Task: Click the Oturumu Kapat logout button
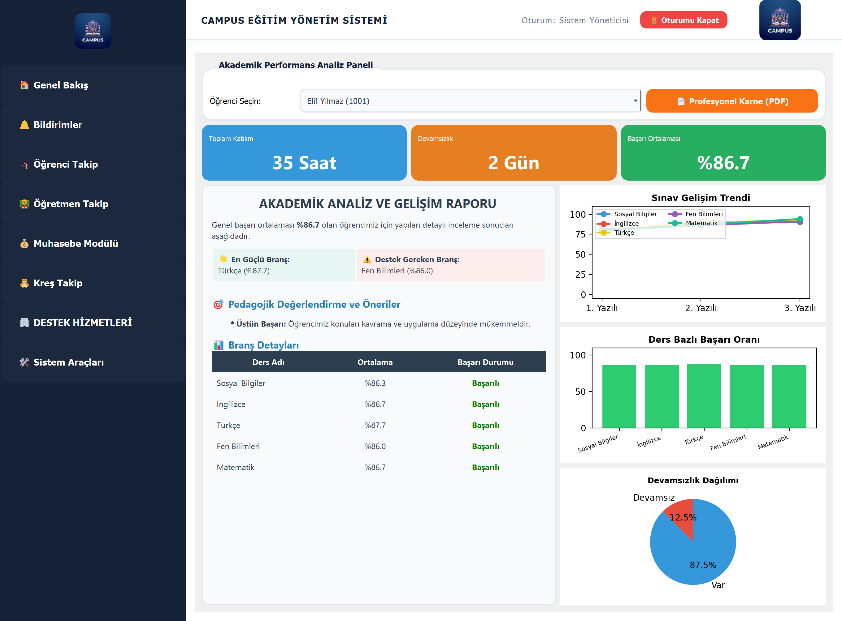point(683,20)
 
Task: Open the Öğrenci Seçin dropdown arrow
point(635,101)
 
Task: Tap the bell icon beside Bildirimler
point(24,125)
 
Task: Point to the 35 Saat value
point(304,163)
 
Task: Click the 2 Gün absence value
point(514,163)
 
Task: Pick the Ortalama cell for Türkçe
point(375,425)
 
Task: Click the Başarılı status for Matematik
point(485,467)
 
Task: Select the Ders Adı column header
point(268,362)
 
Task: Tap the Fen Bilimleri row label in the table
point(238,446)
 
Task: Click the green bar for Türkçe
point(704,396)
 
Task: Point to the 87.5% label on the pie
point(703,565)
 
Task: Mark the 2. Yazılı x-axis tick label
point(701,308)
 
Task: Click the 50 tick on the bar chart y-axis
point(580,392)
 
